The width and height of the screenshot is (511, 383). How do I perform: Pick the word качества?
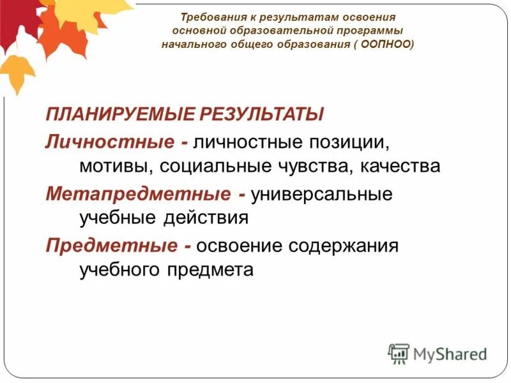point(400,167)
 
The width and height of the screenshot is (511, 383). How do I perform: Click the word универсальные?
point(321,193)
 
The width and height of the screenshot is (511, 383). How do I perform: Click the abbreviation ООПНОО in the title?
point(386,45)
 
